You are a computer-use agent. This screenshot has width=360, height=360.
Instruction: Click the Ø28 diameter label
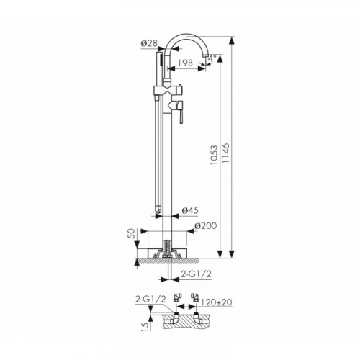149,43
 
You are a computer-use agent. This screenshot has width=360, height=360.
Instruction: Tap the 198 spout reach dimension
185,63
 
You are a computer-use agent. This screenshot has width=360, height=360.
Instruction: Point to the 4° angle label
212,58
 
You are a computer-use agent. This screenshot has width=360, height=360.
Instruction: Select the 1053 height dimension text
214,155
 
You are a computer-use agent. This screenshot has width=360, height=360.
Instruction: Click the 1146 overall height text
225,153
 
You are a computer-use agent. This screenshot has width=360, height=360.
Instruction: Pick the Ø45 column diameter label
190,210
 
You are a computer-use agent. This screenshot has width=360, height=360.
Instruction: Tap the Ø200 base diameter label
206,225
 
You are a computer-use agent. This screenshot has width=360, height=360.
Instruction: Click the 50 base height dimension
131,233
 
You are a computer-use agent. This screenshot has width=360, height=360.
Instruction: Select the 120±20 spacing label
216,302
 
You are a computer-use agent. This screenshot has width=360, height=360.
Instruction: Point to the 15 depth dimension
144,326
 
